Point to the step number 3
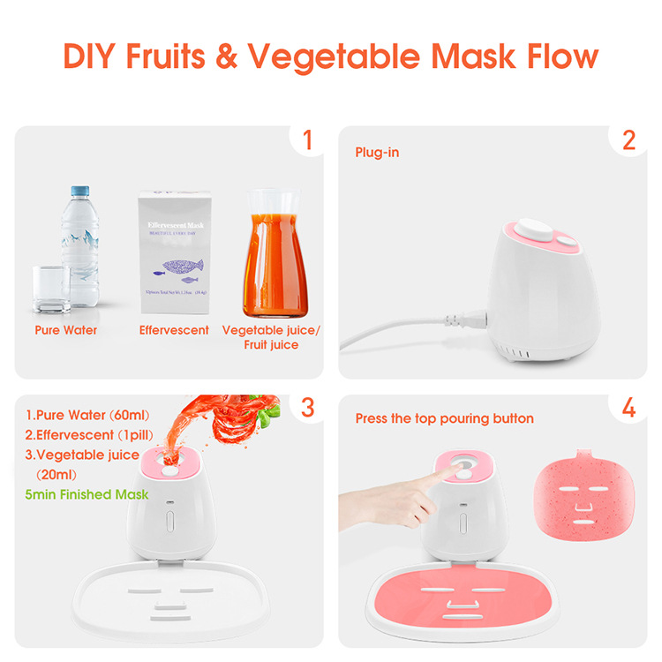pos(307,409)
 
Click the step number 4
pos(628,409)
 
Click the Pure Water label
pos(65,330)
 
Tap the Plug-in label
pos(377,153)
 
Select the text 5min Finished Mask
pos(87,494)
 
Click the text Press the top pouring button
pos(444,418)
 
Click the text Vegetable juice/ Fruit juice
pos(272,336)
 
